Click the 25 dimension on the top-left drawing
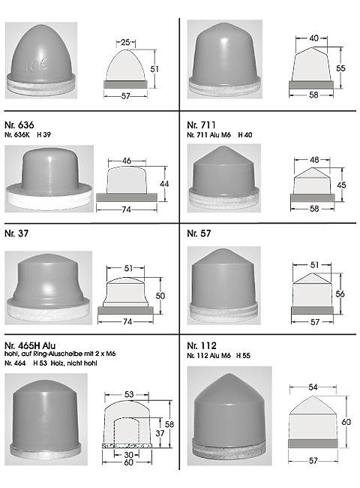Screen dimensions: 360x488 pyautogui.click(x=125, y=42)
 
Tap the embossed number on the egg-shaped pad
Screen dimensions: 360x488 pyautogui.click(x=36, y=65)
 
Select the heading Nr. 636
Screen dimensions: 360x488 pyautogui.click(x=19, y=125)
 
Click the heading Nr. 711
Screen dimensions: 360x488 pyautogui.click(x=201, y=125)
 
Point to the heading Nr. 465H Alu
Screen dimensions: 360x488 pyautogui.click(x=30, y=345)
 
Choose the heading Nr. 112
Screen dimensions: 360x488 pyautogui.click(x=202, y=345)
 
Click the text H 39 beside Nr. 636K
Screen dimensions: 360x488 pyautogui.click(x=43, y=134)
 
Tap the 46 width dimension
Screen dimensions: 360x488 pyautogui.click(x=127, y=161)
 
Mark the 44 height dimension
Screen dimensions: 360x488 pyautogui.click(x=164, y=184)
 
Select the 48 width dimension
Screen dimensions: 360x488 pyautogui.click(x=314, y=160)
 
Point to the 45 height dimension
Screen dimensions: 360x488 pyautogui.click(x=341, y=185)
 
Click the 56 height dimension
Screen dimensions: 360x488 pyautogui.click(x=340, y=294)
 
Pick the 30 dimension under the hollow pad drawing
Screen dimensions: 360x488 pyautogui.click(x=128, y=455)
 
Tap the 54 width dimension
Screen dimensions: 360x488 pyautogui.click(x=313, y=387)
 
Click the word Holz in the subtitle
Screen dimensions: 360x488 pyautogui.click(x=58, y=363)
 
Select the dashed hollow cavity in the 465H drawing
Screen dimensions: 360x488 pyautogui.click(x=114, y=430)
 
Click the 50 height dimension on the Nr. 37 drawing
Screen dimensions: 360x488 pyautogui.click(x=160, y=295)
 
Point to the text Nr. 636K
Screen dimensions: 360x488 pyautogui.click(x=17, y=134)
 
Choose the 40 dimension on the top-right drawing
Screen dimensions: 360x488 pyautogui.click(x=314, y=38)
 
